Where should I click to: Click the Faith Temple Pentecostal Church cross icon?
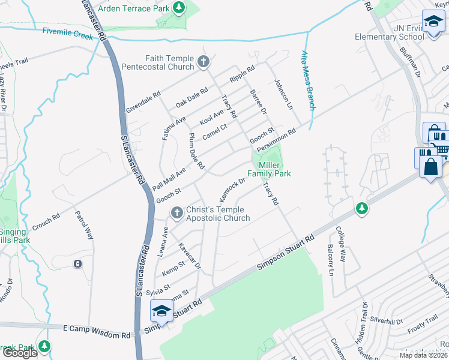[x=203, y=61]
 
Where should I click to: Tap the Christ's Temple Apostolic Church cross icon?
[x=176, y=212]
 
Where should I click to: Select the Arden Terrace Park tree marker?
[x=178, y=7]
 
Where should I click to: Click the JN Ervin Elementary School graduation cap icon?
[x=432, y=22]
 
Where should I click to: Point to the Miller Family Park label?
[x=274, y=169]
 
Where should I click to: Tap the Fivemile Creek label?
[x=68, y=34]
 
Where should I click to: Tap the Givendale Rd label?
[x=143, y=103]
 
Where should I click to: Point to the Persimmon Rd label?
[x=276, y=140]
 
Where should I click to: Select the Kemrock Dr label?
[x=233, y=188]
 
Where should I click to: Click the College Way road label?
[x=341, y=240]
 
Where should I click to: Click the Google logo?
[x=19, y=353]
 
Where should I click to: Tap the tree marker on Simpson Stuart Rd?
[x=361, y=208]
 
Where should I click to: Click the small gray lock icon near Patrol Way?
[x=77, y=263]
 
